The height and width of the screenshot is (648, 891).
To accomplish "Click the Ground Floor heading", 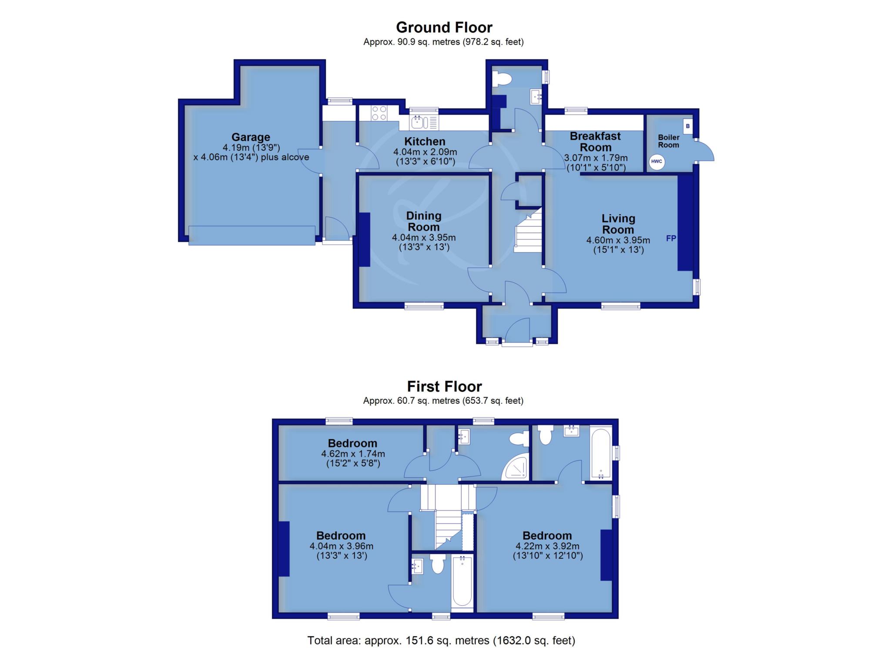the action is pyautogui.click(x=444, y=27).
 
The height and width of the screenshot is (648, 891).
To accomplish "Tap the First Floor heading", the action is pyautogui.click(x=444, y=386).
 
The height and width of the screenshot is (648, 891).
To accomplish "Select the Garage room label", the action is pyautogui.click(x=251, y=138).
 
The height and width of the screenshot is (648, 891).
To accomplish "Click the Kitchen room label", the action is pyautogui.click(x=425, y=141).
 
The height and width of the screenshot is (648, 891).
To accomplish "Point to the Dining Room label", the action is pyautogui.click(x=424, y=222).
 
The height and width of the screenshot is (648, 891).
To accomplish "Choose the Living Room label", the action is pyautogui.click(x=618, y=224).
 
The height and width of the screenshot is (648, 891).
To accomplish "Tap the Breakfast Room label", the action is pyautogui.click(x=595, y=141).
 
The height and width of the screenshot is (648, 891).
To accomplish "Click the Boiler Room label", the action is pyautogui.click(x=669, y=141).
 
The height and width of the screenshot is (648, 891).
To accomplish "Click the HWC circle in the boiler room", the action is pyautogui.click(x=657, y=162).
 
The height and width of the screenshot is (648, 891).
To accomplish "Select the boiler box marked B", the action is pyautogui.click(x=688, y=126).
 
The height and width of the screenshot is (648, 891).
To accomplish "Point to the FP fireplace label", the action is pyautogui.click(x=671, y=238).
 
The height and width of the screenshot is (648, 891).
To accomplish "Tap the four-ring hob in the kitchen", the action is pyautogui.click(x=379, y=113).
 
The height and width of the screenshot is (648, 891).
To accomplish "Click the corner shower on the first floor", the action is pyautogui.click(x=516, y=468).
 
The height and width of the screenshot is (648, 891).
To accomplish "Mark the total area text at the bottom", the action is pyautogui.click(x=441, y=641).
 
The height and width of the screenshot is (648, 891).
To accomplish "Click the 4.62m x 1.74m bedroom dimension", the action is pyautogui.click(x=353, y=454).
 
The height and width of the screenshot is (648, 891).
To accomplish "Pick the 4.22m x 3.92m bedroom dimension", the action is pyautogui.click(x=547, y=546).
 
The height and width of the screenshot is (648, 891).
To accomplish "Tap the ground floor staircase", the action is pyautogui.click(x=528, y=230).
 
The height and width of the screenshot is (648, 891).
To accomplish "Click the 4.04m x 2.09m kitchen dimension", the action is pyautogui.click(x=425, y=152).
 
